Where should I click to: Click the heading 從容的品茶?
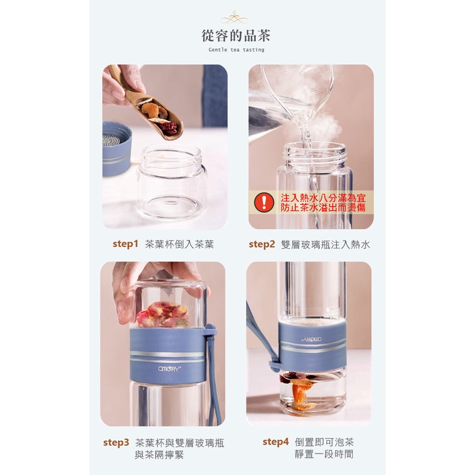pyautogui.click(x=236, y=35)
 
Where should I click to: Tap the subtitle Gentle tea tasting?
pyautogui.click(x=236, y=50)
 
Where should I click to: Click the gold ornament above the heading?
pyautogui.click(x=234, y=18)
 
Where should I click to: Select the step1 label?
pyautogui.click(x=125, y=244)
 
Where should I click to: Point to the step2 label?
pyautogui.click(x=262, y=244)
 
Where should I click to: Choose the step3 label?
pyautogui.click(x=116, y=442)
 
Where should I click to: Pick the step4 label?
pyautogui.click(x=275, y=441)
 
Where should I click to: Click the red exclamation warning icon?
pyautogui.click(x=264, y=202)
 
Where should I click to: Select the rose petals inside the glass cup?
pyautogui.click(x=163, y=314)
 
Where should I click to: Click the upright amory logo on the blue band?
pyautogui.click(x=170, y=369)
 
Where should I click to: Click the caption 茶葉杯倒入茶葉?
pyautogui.click(x=179, y=244)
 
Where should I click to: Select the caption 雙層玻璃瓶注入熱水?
pyautogui.click(x=326, y=244)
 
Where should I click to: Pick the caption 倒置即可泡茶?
pyautogui.click(x=324, y=442)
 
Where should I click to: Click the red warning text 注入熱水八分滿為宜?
pyautogui.click(x=323, y=198)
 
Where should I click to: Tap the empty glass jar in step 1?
pyautogui.click(x=172, y=182)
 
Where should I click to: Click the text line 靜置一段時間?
pyautogui.click(x=324, y=454)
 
